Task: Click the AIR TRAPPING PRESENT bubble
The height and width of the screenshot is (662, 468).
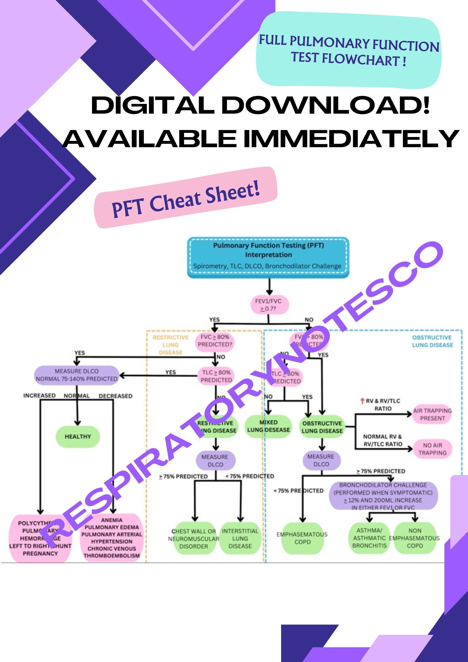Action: [x=432, y=414]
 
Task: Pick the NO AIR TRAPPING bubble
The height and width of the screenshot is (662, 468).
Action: [x=432, y=449]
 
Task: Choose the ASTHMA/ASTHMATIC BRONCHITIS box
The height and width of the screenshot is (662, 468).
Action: [x=369, y=538]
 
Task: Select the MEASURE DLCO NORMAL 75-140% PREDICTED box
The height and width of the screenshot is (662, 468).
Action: [x=77, y=375]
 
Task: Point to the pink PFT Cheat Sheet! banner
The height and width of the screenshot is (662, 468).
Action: [x=186, y=198]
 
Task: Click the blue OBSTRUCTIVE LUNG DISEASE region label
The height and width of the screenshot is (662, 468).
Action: [x=432, y=341]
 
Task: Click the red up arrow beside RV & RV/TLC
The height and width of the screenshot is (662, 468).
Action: [x=363, y=401]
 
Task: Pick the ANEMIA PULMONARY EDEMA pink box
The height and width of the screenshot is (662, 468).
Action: [x=112, y=538]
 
